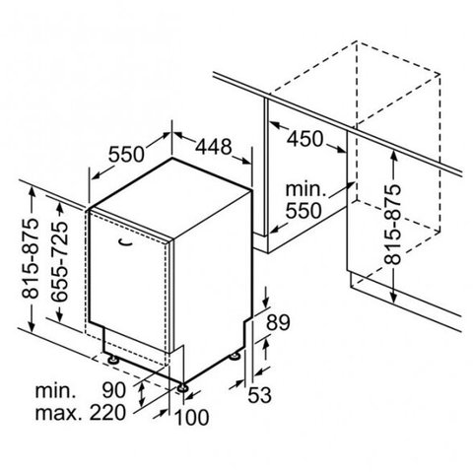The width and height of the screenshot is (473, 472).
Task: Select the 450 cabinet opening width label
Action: tap(305, 139)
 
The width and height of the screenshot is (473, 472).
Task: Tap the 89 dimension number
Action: tap(278, 322)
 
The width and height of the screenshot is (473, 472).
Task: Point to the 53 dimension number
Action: tap(259, 394)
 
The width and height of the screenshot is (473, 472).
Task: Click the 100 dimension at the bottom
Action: tap(192, 418)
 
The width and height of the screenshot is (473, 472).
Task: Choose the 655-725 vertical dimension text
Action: tap(60, 261)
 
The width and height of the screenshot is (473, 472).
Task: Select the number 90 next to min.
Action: tap(113, 390)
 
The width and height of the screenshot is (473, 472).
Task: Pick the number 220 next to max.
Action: tap(107, 413)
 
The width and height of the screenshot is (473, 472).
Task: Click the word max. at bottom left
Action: tap(58, 413)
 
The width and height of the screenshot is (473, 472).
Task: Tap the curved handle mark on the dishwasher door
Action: tap(126, 242)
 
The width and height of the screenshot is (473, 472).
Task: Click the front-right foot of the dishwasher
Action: tap(182, 388)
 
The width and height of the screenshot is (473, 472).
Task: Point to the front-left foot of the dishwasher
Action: tap(113, 359)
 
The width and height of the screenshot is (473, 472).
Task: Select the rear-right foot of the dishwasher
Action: tap(235, 356)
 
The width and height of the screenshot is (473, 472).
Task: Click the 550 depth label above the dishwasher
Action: tap(126, 155)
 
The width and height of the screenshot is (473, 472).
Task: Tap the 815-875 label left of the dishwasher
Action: tap(31, 258)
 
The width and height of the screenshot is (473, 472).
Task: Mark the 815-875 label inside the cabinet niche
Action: tap(393, 225)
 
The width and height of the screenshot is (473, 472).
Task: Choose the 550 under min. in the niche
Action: tap(304, 211)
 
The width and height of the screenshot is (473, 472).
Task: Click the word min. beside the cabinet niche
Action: tap(305, 189)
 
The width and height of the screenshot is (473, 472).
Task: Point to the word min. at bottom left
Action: tap(55, 391)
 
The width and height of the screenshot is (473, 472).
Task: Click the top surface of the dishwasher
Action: tap(170, 197)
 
